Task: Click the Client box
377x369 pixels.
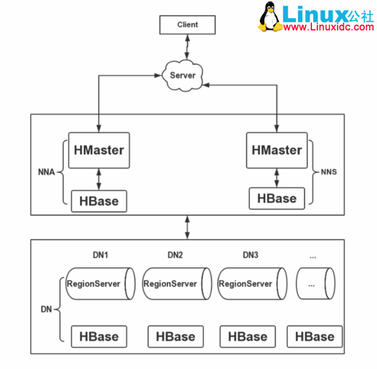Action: (x=187, y=25)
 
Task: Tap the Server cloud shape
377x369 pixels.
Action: (x=183, y=74)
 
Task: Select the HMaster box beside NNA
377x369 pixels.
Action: (x=98, y=150)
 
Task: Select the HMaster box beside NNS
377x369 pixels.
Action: (x=277, y=150)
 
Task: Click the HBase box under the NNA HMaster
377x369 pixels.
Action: (x=99, y=201)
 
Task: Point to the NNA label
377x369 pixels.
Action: (x=46, y=171)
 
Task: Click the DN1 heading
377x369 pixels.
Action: (x=101, y=255)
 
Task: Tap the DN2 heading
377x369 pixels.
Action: (x=175, y=255)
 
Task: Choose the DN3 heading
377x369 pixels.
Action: (x=250, y=255)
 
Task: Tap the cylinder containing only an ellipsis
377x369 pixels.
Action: (x=315, y=284)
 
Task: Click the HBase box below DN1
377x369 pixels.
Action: (x=99, y=336)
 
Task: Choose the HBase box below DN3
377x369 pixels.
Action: (x=247, y=336)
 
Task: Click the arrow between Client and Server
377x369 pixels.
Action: (x=187, y=47)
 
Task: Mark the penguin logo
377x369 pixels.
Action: (x=271, y=16)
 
